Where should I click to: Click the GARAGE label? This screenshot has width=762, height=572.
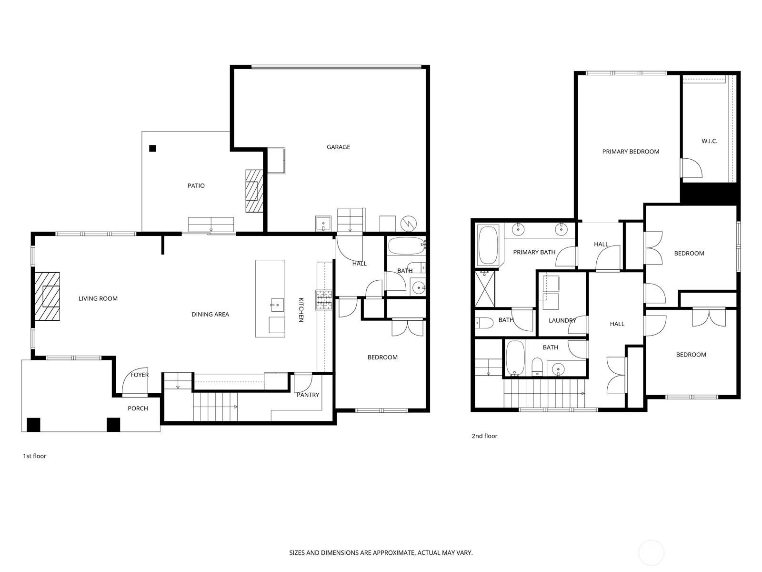[x=338, y=147]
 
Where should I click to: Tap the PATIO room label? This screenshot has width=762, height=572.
[x=196, y=185]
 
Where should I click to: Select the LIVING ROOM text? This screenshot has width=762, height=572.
[x=98, y=298]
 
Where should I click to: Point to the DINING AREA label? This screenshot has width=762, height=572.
[x=211, y=314]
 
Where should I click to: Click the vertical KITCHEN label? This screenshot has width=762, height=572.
[x=301, y=310]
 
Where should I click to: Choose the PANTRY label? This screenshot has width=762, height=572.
[x=308, y=395]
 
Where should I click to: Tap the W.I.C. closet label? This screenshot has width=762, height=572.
[x=709, y=141]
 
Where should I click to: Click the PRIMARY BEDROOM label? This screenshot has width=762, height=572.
[x=631, y=152]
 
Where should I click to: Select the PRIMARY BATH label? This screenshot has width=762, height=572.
[x=534, y=252]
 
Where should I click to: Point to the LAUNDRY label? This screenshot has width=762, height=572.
[x=562, y=320]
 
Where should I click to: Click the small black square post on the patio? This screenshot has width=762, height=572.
[x=153, y=148]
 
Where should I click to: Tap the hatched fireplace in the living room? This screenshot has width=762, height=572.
[x=47, y=296]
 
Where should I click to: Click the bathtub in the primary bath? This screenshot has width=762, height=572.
[x=488, y=245]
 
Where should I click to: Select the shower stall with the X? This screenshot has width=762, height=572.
[x=485, y=288]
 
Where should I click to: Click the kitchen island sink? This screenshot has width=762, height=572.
[x=277, y=305]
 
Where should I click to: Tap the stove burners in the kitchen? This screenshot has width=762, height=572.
[x=324, y=300]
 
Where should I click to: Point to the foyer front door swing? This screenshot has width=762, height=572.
[x=135, y=381]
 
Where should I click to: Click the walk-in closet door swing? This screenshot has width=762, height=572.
[x=692, y=168]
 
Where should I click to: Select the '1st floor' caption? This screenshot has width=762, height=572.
[x=34, y=456]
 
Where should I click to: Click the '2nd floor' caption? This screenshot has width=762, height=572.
[x=484, y=436]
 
